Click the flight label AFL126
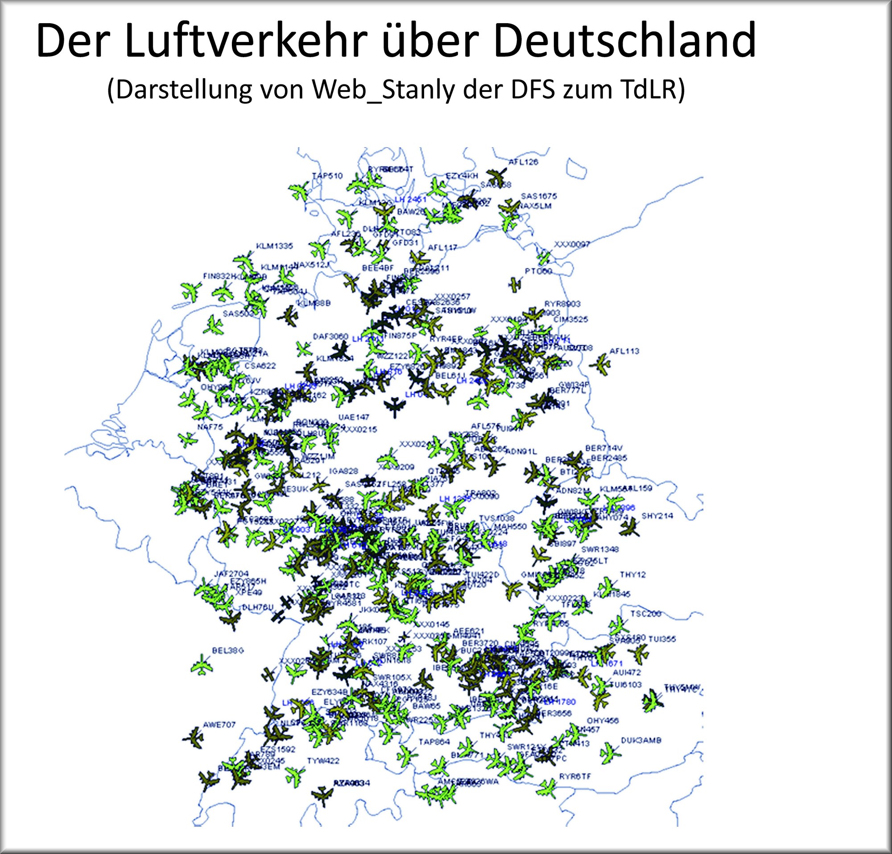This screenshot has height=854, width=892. [523, 162]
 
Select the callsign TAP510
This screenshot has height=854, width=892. [327, 176]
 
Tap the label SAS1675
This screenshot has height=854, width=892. [539, 196]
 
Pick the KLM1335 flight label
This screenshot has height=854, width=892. [274, 246]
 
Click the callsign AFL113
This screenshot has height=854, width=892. [624, 351]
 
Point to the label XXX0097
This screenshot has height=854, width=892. [572, 245]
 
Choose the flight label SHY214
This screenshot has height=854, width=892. [657, 516]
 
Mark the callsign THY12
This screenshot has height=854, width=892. [633, 575]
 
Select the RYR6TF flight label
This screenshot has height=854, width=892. [575, 777]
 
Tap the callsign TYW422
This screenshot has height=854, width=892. [323, 761]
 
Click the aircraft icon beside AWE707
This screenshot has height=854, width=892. [194, 738]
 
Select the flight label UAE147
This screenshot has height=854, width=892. [354, 417]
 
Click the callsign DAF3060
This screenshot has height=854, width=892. [330, 337]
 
